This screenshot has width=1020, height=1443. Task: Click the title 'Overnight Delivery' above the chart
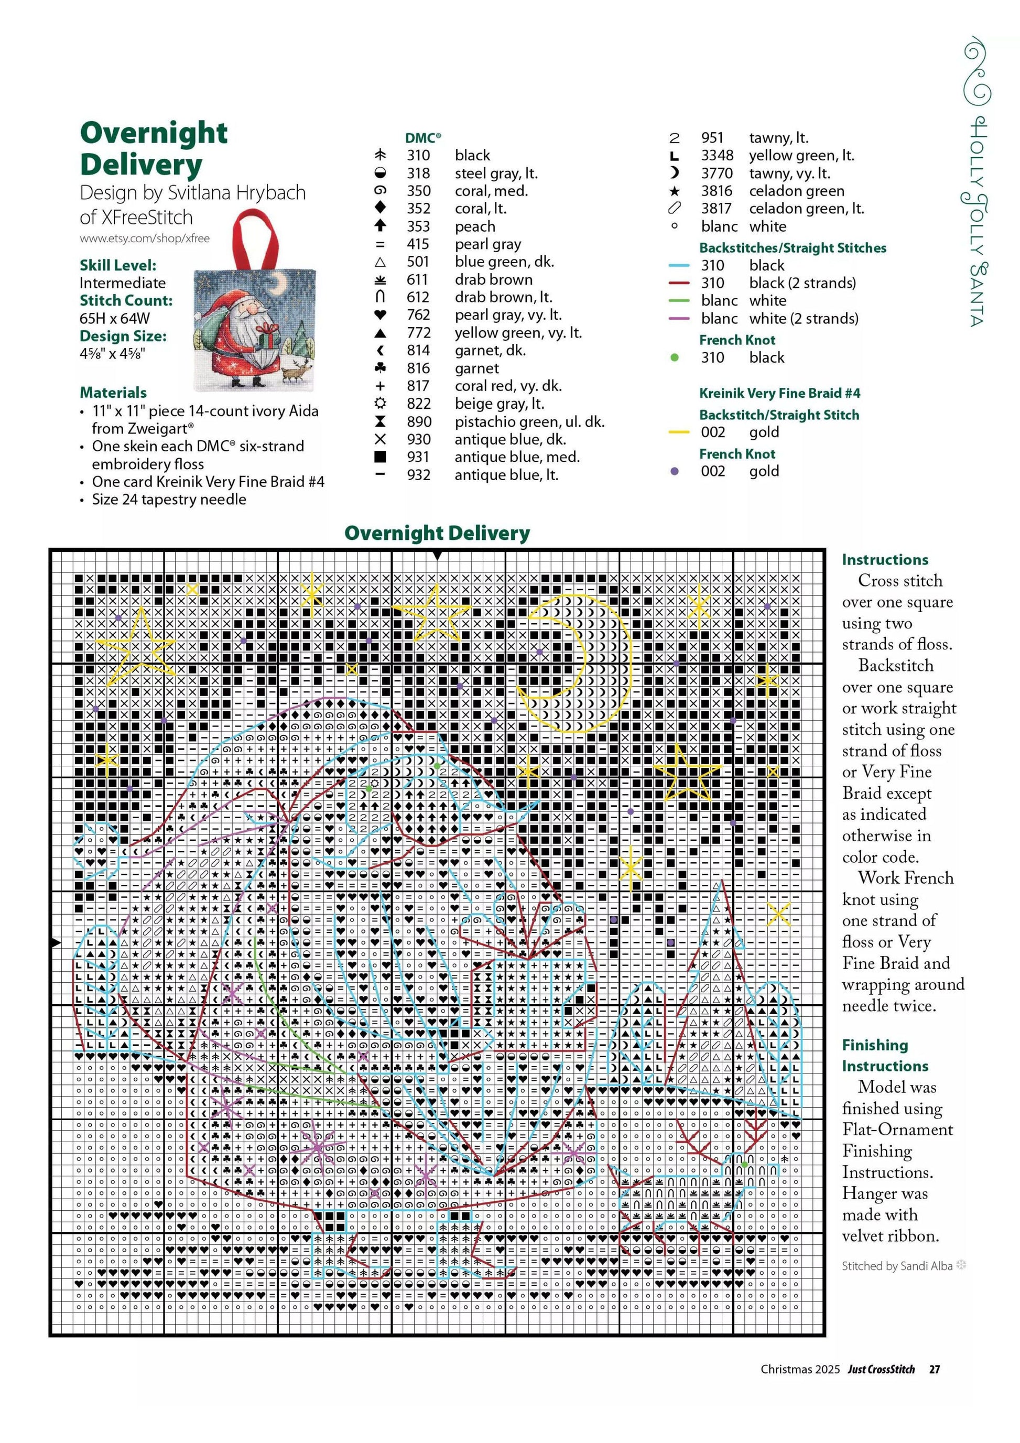437,533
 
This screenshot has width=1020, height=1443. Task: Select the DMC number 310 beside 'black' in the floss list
418,155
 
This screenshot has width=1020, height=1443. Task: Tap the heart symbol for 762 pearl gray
379,315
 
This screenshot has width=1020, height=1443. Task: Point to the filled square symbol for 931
379,457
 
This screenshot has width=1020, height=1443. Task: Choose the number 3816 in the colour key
717,191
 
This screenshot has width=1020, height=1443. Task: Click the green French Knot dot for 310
675,357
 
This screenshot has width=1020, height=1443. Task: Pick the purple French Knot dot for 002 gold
675,471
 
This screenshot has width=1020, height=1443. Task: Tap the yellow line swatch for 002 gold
679,432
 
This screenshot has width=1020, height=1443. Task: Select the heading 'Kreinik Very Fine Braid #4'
779,394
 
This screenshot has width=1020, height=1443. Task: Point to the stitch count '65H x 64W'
114,318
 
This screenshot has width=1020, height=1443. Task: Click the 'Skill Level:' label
118,265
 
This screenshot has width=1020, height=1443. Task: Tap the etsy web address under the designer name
145,238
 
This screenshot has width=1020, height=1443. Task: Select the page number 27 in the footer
935,1369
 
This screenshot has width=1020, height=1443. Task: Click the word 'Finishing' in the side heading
875,1045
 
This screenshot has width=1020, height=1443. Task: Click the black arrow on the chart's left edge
56,942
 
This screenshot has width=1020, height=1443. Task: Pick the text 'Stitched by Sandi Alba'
897,1266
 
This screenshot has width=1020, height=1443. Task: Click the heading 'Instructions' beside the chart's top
885,559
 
